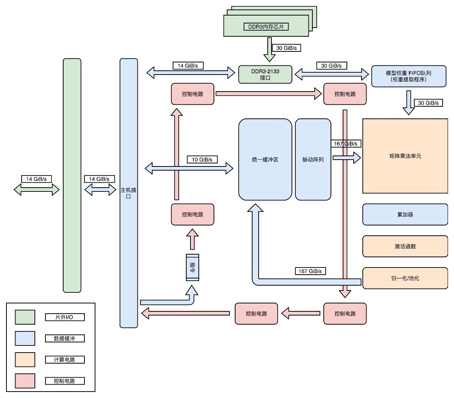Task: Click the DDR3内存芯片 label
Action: click(266, 26)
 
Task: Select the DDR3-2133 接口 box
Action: click(265, 75)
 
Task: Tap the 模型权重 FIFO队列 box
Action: click(409, 76)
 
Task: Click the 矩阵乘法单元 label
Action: click(405, 156)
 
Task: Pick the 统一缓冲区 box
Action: click(265, 160)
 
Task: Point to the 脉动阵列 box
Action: click(313, 160)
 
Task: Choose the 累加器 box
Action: click(405, 215)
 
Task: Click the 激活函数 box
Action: click(405, 246)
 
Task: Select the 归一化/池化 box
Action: click(405, 278)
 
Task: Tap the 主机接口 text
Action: click(128, 193)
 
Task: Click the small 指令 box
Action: click(192, 267)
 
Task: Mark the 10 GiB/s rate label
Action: click(202, 160)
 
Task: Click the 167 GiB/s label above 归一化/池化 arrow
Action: click(310, 271)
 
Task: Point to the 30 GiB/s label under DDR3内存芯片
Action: click(286, 48)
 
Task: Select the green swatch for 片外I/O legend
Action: click(25, 317)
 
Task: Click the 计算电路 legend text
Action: click(64, 359)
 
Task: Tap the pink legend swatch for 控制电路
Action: click(25, 381)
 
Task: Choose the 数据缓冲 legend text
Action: click(64, 338)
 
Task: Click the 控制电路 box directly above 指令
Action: click(192, 215)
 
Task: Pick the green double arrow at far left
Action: click(37, 190)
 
